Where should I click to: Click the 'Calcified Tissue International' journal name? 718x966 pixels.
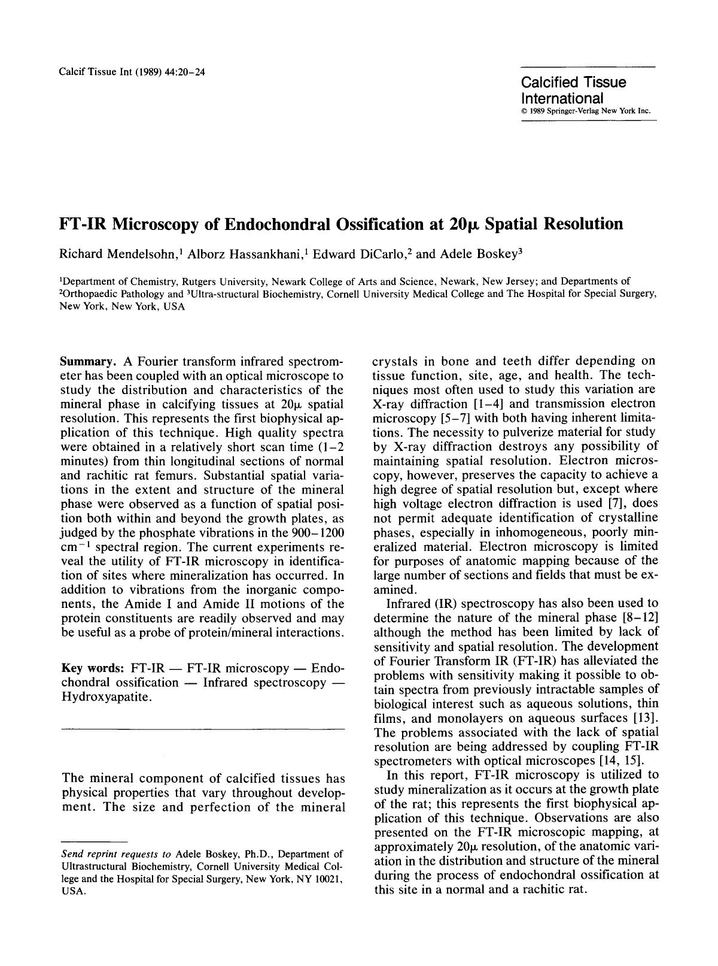coord(573,90)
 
